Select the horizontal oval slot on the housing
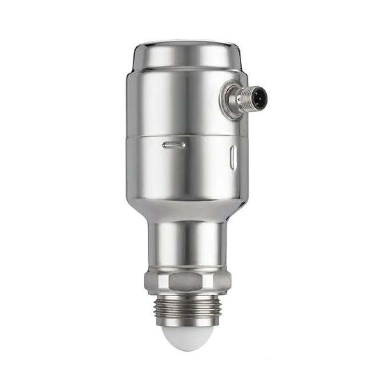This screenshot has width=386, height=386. click(x=174, y=144)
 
